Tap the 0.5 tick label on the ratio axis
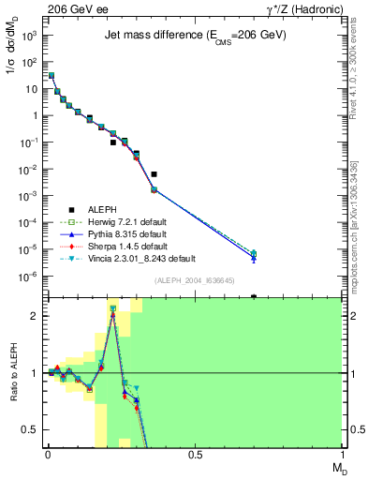coord(30,430)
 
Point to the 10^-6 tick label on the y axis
coord(28,277)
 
